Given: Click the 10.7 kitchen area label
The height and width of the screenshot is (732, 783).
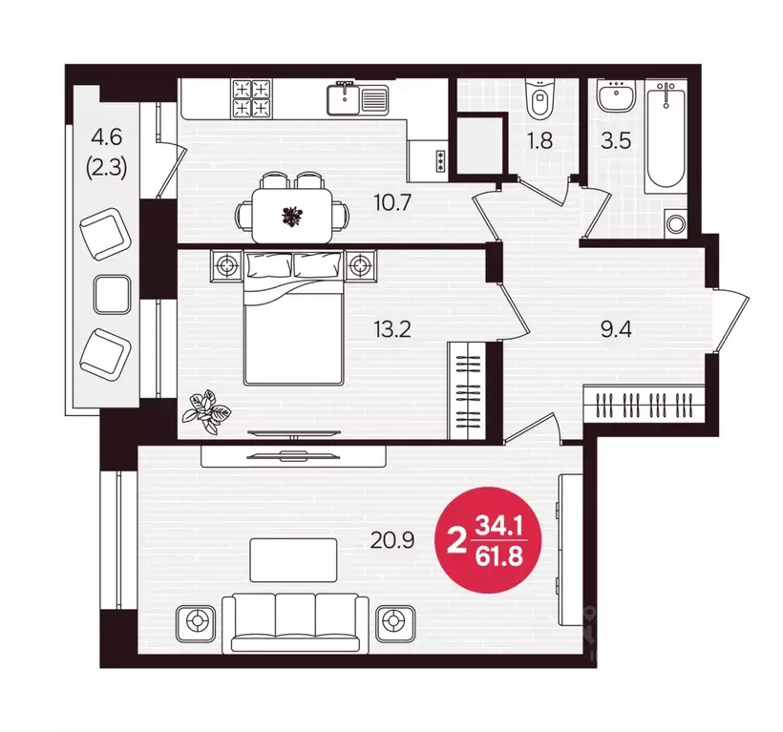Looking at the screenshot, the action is coord(392,202).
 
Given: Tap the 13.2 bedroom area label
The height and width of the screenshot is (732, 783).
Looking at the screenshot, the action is coord(392,329).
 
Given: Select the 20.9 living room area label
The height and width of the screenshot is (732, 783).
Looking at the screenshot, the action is coord(392,540).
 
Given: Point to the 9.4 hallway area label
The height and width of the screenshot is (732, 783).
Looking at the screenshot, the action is coord(616,329).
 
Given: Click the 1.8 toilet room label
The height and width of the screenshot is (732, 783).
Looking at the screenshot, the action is coord(540,140).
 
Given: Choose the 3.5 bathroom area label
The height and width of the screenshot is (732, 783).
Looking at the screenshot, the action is coord(616,140).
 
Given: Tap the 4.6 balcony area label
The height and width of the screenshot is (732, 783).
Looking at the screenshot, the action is coord(107,136).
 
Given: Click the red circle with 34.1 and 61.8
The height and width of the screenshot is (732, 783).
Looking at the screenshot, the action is coord(488,540).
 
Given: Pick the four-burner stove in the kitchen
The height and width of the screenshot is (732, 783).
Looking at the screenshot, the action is coord(252,98).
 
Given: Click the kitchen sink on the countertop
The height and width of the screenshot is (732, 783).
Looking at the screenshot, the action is coord(357,99).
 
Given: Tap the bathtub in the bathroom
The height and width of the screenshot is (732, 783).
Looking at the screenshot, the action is coord(666,136).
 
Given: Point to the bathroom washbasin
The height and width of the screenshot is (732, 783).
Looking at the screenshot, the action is coord(616,95).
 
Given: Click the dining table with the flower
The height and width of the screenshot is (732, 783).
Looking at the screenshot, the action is coord(292,216).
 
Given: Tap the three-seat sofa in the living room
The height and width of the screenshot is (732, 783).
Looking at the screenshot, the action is coord(296,622).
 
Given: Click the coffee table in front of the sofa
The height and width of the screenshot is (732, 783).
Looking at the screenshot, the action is coord(293,560).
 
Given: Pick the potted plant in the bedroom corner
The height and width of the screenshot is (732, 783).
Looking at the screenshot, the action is coord(205,412).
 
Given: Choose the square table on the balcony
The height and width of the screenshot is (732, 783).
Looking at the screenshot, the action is coord(113,294).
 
